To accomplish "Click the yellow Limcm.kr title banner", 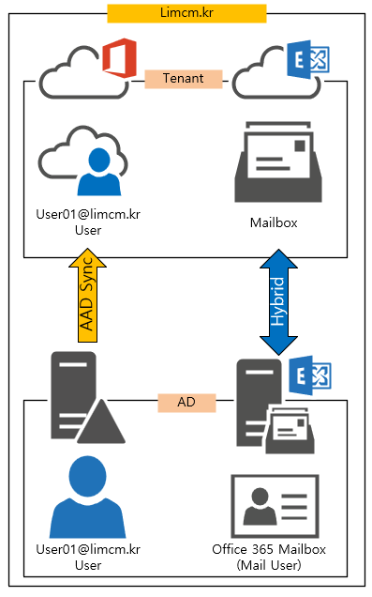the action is (x=186, y=13).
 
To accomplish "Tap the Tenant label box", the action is (x=184, y=79).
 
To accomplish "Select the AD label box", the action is (x=186, y=403).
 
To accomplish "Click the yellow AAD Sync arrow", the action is (x=88, y=296).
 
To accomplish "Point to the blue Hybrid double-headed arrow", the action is (x=278, y=302).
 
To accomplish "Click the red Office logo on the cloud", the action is (x=120, y=58).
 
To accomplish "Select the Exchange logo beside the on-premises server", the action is (x=309, y=375).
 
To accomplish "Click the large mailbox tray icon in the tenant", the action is (x=278, y=161).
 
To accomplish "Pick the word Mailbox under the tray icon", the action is (x=274, y=222).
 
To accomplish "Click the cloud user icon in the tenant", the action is (x=83, y=161).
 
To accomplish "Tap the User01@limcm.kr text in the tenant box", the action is (x=88, y=214).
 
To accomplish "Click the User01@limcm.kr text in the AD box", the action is (x=88, y=549).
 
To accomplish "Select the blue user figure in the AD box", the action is (x=88, y=497).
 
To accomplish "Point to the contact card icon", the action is (x=275, y=506).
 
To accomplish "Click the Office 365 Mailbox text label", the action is (x=269, y=549).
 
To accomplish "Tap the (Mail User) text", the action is (x=269, y=565).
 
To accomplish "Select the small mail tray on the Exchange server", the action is (x=290, y=430).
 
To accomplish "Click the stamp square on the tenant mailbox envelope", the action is (x=300, y=145).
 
